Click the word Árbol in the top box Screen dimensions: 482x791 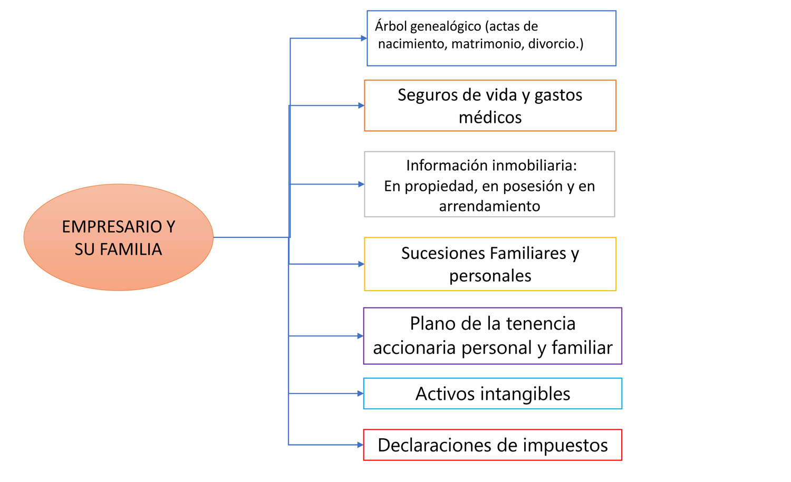(391, 26)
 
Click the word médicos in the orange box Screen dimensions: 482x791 (490, 118)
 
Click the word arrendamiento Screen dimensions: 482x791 (489, 206)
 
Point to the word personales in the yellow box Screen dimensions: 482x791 (490, 276)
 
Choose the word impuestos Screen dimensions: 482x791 (565, 445)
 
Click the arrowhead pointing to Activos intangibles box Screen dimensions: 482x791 (361, 393)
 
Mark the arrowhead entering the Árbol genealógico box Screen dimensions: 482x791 (364, 38)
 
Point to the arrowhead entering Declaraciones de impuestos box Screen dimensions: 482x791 (361, 445)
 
